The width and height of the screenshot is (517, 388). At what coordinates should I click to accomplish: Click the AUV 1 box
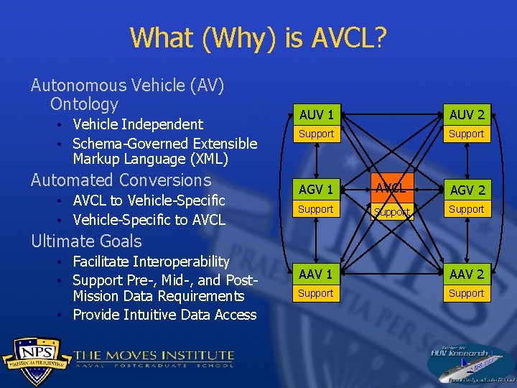[x=316, y=114]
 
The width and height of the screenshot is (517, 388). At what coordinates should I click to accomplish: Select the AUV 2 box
[x=467, y=114]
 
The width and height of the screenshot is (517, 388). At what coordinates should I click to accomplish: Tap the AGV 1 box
[x=316, y=190]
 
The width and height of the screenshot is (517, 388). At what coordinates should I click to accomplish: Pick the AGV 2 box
[x=467, y=190]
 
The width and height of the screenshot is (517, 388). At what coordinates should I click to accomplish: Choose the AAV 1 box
[x=316, y=274]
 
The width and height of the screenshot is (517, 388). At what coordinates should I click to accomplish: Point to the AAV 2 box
[x=467, y=274]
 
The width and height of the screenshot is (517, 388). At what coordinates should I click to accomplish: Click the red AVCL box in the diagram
[x=391, y=189]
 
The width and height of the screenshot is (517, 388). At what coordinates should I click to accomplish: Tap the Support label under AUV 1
[x=316, y=134]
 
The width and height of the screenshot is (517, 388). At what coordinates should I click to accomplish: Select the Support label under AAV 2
[x=467, y=293]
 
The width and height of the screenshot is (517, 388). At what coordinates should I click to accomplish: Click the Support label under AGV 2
[x=467, y=209]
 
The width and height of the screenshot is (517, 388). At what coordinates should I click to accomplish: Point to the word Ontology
[x=84, y=104]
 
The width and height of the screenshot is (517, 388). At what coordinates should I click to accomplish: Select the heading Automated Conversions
[x=121, y=180]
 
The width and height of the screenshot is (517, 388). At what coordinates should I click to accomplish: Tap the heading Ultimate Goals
[x=86, y=241]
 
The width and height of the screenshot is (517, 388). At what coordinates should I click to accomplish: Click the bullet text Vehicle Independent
[x=138, y=124]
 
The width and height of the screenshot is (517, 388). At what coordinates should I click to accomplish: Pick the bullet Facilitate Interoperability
[x=151, y=262]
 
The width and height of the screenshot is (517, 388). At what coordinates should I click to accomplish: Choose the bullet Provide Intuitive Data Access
[x=164, y=315]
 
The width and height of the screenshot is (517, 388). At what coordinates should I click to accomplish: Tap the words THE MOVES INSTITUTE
[x=154, y=355]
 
